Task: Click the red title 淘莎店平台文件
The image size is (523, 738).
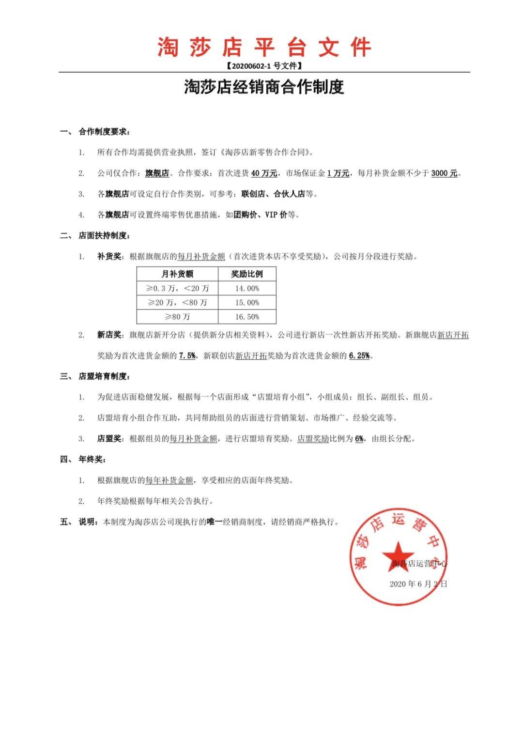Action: click(x=264, y=47)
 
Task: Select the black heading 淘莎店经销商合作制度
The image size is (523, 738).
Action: click(x=264, y=87)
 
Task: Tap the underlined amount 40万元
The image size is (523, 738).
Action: click(x=264, y=173)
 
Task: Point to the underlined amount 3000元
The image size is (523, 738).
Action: click(x=444, y=173)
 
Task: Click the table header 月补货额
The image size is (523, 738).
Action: click(x=177, y=274)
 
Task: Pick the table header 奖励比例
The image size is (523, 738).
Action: click(x=247, y=274)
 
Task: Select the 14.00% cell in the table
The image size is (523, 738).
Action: click(x=247, y=288)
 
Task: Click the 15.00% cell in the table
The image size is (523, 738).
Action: click(x=247, y=303)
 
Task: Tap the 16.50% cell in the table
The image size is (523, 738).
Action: click(x=247, y=317)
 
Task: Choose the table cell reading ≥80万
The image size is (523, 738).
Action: click(x=177, y=317)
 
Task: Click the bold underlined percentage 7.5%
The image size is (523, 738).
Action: click(x=187, y=355)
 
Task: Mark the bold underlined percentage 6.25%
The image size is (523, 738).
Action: click(x=359, y=355)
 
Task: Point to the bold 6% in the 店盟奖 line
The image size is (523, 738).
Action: click(x=359, y=439)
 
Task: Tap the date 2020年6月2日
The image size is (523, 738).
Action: click(x=418, y=584)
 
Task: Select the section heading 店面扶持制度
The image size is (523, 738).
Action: click(x=103, y=236)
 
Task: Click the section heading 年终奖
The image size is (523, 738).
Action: click(x=92, y=460)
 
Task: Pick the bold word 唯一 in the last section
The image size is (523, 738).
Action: click(x=215, y=522)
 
